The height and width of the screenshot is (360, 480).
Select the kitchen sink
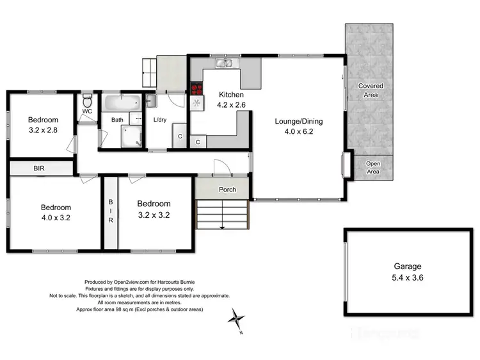tap(224, 63)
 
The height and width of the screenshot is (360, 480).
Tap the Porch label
tap(227, 190)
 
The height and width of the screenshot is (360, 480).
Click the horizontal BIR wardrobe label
tap(40, 168)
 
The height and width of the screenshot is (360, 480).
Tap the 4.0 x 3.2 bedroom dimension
tap(56, 218)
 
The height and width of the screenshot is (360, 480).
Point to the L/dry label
tap(161, 120)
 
